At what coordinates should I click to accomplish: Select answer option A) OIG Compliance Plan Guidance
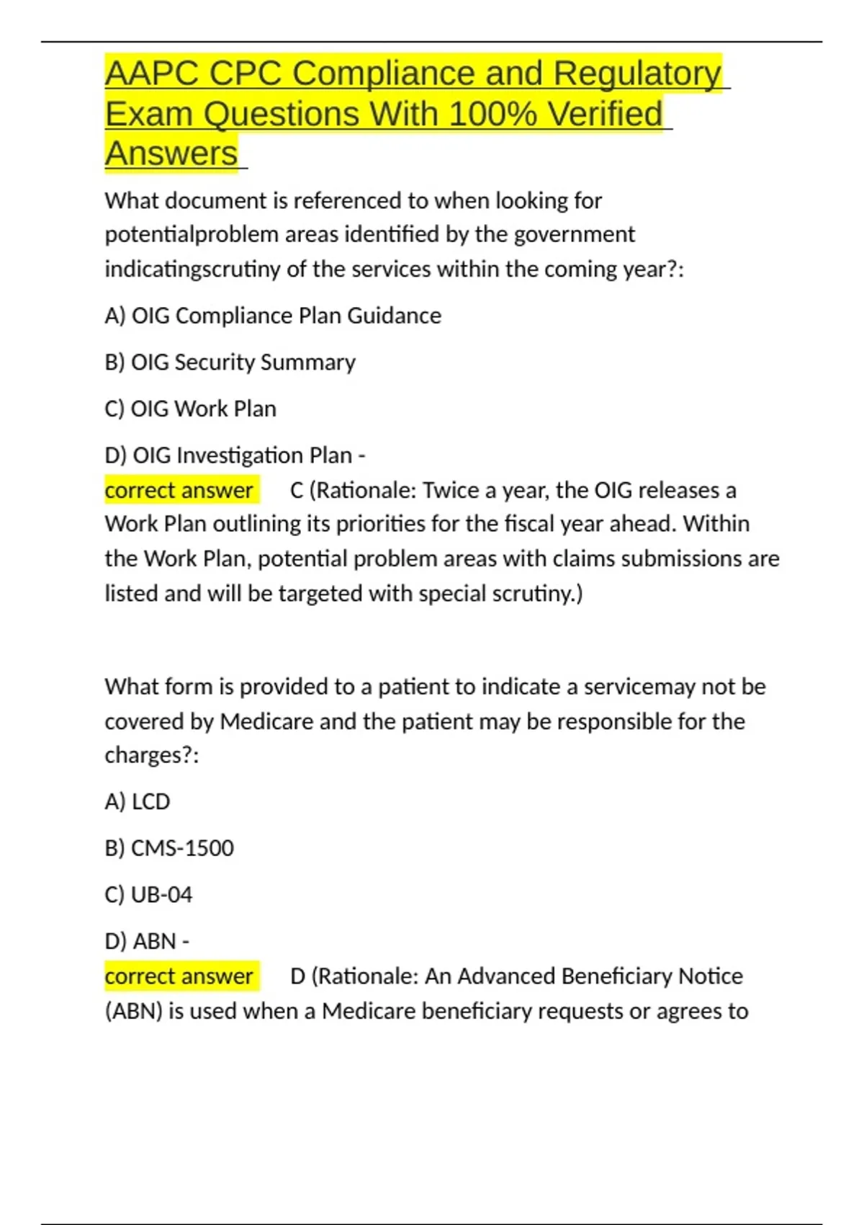[x=273, y=316]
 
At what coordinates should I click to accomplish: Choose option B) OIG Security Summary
[x=230, y=362]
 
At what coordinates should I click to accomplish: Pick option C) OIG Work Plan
[x=190, y=409]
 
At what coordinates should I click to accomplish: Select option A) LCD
[x=138, y=801]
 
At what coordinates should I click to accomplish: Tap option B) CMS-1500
[x=169, y=848]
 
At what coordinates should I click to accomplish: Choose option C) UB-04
[x=148, y=895]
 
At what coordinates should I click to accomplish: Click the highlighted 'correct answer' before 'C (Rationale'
[x=179, y=491]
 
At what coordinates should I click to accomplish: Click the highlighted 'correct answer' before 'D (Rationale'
[x=179, y=976]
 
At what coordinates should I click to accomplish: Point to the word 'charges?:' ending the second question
[x=151, y=755]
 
